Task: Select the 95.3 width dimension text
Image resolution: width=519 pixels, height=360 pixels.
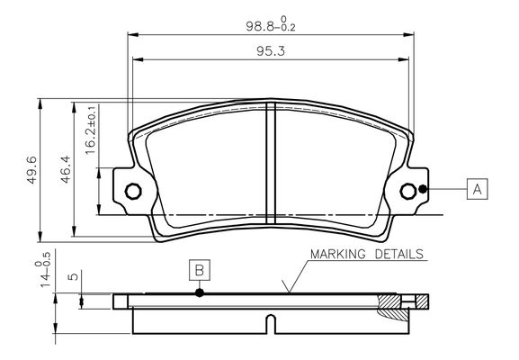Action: click(271, 51)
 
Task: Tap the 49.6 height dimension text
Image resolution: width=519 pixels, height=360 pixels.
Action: click(32, 169)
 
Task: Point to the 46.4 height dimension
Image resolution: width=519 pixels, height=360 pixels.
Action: click(66, 169)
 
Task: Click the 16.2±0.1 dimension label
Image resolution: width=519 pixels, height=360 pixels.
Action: click(90, 130)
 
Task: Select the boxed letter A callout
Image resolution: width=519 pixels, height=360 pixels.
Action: click(477, 189)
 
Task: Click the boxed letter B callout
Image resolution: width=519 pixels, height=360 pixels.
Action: click(200, 270)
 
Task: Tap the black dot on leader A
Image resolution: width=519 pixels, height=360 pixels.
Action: click(423, 189)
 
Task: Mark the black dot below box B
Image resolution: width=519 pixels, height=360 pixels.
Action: click(200, 292)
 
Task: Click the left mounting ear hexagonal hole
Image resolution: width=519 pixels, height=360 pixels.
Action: click(133, 191)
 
